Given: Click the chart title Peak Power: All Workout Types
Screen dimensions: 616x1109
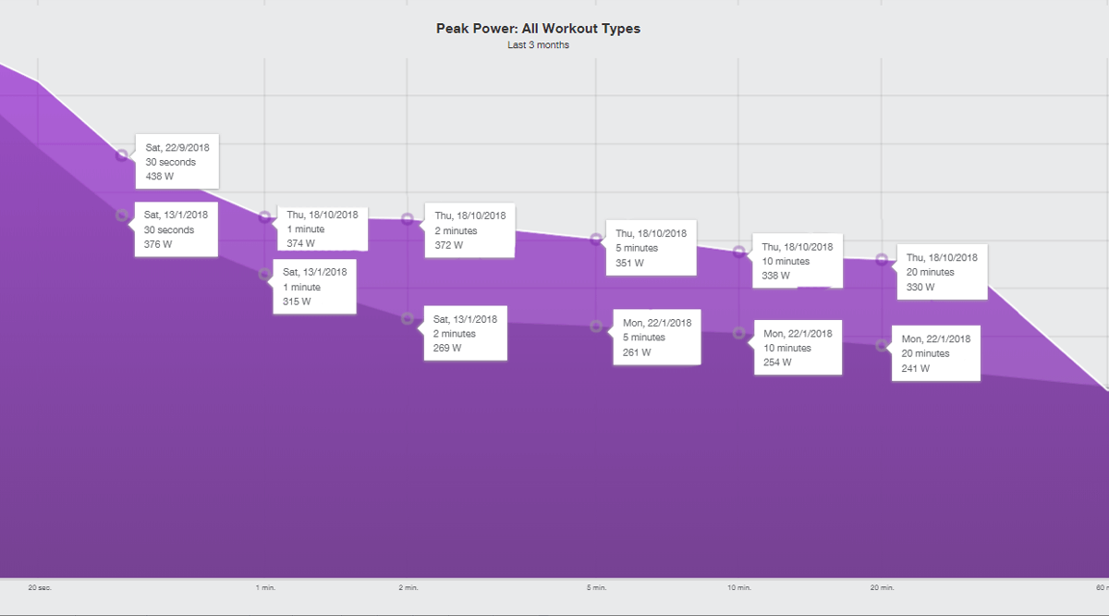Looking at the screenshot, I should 538,29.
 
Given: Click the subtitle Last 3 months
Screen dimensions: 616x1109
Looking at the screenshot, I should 538,44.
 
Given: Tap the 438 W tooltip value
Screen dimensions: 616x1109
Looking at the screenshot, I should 160,177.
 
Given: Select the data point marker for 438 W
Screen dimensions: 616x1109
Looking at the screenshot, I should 122,155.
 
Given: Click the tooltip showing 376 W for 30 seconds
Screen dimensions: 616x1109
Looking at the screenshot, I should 177,229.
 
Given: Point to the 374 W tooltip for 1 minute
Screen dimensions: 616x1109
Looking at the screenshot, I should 323,228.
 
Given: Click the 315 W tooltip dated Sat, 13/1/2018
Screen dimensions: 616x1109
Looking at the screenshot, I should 314,287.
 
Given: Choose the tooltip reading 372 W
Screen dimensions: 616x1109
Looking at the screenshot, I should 469,230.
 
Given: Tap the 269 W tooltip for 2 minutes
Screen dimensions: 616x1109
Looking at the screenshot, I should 465,333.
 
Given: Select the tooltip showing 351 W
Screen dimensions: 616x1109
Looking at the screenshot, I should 651,248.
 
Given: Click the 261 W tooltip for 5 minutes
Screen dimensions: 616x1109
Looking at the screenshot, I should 656,338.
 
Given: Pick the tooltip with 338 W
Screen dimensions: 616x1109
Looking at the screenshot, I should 797,261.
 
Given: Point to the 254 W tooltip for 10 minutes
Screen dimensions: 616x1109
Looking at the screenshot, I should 798,348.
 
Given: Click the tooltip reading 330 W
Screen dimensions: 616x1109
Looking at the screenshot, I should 942,272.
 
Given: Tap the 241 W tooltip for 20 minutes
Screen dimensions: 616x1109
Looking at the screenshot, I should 934,353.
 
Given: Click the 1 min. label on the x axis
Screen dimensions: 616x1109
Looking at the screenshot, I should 265,587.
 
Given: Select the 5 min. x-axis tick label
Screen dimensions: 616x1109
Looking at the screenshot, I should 596,587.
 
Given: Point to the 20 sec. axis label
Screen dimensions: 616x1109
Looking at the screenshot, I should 39,587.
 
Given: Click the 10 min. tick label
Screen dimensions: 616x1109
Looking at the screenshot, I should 738,587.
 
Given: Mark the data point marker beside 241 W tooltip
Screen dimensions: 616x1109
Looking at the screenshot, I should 882,345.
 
